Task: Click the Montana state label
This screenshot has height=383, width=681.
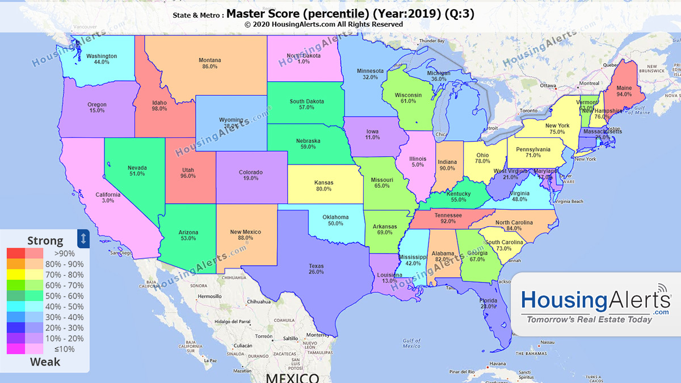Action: coord(209,60)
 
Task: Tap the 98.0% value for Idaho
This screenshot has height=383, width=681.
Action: coord(159,108)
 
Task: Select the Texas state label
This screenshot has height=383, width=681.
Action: coord(316,266)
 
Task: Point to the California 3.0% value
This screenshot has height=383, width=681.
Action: coord(108,201)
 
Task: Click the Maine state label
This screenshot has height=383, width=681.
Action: coord(624,88)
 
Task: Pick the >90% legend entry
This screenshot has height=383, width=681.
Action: coord(64,254)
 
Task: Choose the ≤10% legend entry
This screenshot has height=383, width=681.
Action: coord(64,349)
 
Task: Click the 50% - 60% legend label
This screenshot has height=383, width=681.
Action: coord(69,296)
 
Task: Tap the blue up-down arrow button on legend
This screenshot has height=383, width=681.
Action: coord(83,238)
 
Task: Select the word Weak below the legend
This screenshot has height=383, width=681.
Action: coord(45,362)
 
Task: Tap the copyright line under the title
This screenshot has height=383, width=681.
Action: coord(323,24)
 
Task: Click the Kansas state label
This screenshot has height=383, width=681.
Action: coord(323,183)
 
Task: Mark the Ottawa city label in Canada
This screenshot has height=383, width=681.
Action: coord(548,86)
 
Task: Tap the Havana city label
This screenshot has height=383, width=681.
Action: coord(497,364)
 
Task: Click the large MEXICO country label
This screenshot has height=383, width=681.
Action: coord(293,377)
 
